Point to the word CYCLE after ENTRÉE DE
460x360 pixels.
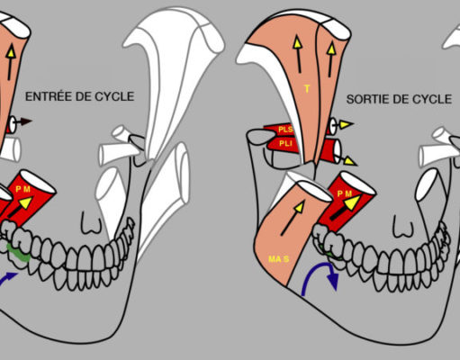114,96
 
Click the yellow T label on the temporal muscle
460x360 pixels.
307,88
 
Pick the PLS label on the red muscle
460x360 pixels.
285,130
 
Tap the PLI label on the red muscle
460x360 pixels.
285,144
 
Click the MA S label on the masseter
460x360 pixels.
279,258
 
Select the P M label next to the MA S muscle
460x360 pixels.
344,194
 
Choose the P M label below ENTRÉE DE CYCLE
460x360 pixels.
23,189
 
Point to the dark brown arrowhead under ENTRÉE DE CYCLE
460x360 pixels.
26,121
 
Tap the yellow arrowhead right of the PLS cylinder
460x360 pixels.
347,124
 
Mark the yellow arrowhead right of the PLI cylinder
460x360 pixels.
350,161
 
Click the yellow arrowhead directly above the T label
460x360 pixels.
297,42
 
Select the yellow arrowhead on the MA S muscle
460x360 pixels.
299,207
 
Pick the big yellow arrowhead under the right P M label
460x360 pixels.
352,202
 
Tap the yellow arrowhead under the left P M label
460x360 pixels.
25,202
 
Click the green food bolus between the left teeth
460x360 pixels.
19,254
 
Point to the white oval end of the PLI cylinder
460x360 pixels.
337,152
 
